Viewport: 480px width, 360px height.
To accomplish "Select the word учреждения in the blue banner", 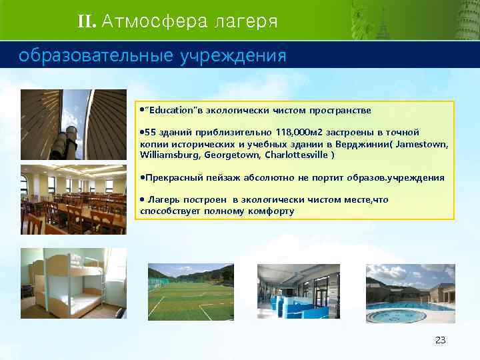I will (x=233, y=56).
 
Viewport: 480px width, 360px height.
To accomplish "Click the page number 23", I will (x=440, y=340).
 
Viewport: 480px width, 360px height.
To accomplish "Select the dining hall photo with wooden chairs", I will (x=73, y=199).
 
